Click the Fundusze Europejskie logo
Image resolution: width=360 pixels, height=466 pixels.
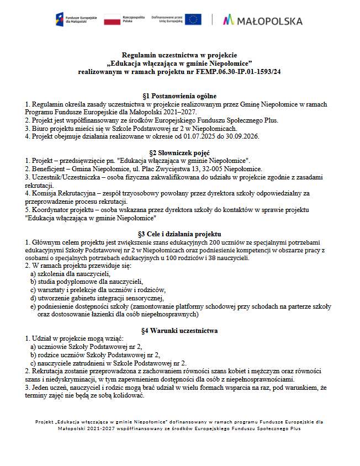(77, 20)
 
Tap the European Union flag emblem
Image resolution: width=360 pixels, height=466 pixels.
(193, 20)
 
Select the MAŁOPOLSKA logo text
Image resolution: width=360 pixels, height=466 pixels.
(263, 20)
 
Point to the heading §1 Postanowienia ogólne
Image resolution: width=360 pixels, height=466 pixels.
(179, 96)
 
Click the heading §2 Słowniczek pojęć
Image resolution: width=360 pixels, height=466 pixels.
(179, 152)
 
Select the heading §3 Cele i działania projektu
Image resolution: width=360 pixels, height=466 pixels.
(179, 234)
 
